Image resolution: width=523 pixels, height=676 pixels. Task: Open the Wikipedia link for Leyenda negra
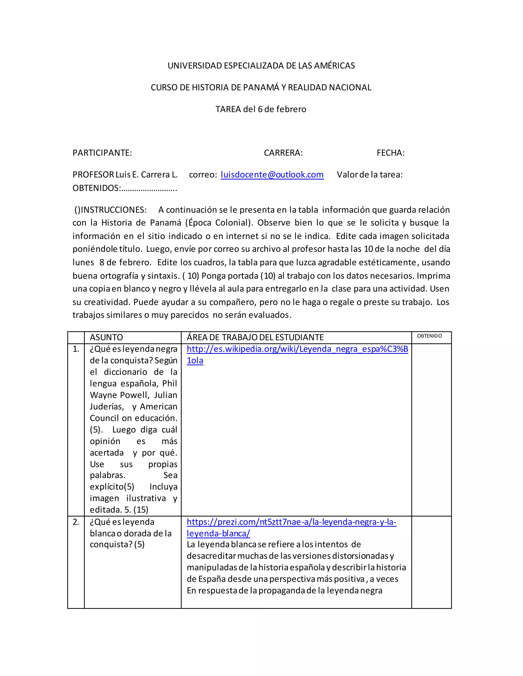tap(297, 349)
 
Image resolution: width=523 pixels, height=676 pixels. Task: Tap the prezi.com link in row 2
tap(291, 522)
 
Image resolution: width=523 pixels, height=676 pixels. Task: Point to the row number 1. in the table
tap(76, 349)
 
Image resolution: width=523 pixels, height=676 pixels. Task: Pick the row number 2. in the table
tap(76, 522)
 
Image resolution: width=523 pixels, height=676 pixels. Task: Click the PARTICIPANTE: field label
tap(102, 153)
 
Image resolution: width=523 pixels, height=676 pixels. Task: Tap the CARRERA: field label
tap(283, 153)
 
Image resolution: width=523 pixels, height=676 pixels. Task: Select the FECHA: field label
tap(390, 153)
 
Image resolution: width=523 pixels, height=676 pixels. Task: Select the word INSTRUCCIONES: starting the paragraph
tap(113, 210)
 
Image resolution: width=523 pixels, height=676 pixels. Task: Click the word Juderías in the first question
tap(106, 407)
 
